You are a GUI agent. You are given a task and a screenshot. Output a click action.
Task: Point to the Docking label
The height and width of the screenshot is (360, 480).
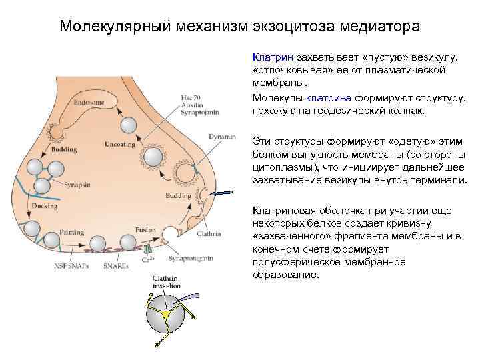(44, 205)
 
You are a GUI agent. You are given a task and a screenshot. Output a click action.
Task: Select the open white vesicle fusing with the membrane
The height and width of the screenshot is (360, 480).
(171, 234)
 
